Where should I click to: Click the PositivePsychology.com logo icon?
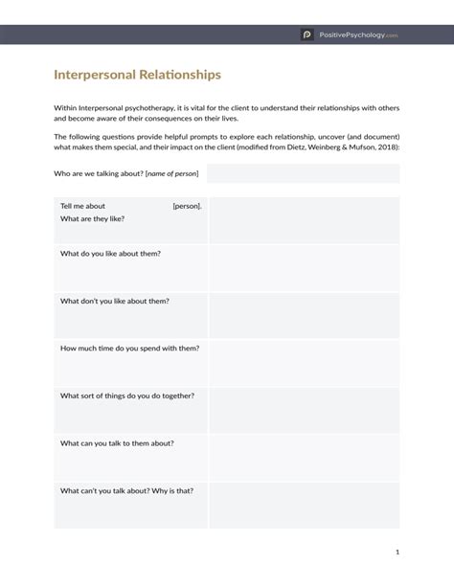click(x=307, y=34)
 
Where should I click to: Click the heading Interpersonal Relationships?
click(x=137, y=74)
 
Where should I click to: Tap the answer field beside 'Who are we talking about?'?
click(x=303, y=173)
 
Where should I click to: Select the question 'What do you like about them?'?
click(x=110, y=254)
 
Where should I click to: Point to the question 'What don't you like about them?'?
click(x=115, y=301)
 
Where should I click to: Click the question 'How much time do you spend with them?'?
click(x=129, y=348)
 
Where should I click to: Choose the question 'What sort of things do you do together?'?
click(x=127, y=395)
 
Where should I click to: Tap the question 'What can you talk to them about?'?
click(x=117, y=443)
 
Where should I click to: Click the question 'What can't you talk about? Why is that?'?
click(x=126, y=490)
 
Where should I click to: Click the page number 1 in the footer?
click(x=397, y=552)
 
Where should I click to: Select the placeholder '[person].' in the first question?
click(x=187, y=206)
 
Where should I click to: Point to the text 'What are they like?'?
click(x=92, y=218)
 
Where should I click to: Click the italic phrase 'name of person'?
click(x=172, y=174)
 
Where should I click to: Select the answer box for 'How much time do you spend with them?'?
click(x=304, y=363)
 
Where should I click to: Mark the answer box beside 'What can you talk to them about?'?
click(x=304, y=458)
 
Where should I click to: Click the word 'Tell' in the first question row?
click(x=67, y=206)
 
